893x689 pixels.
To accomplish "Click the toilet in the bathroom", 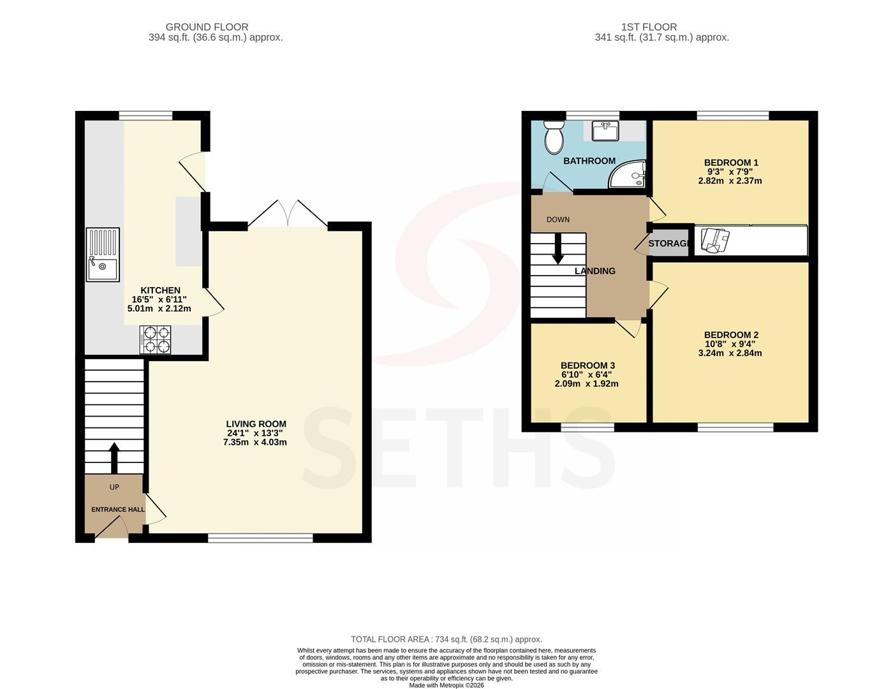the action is [x=554, y=137].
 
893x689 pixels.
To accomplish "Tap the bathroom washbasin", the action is [x=605, y=131].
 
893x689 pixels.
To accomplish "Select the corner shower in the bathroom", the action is [x=627, y=174].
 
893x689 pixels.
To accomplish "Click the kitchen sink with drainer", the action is [x=103, y=255].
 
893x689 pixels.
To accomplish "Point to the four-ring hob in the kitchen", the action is [x=156, y=339].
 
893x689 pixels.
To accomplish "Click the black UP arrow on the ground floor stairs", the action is [x=114, y=457].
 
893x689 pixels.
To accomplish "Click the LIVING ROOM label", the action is [x=256, y=424].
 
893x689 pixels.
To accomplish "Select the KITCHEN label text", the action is [x=160, y=290].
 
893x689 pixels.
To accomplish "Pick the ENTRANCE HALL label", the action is [x=118, y=510].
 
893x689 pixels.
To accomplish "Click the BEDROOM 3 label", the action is [x=587, y=366].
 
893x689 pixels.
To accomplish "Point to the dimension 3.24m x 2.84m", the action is [x=730, y=353].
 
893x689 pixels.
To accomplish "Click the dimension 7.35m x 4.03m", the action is [x=255, y=442].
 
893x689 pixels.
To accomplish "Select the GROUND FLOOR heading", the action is [x=207, y=27].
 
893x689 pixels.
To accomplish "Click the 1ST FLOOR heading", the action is [x=649, y=27].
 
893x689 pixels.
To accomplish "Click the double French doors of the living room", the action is [x=288, y=213].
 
